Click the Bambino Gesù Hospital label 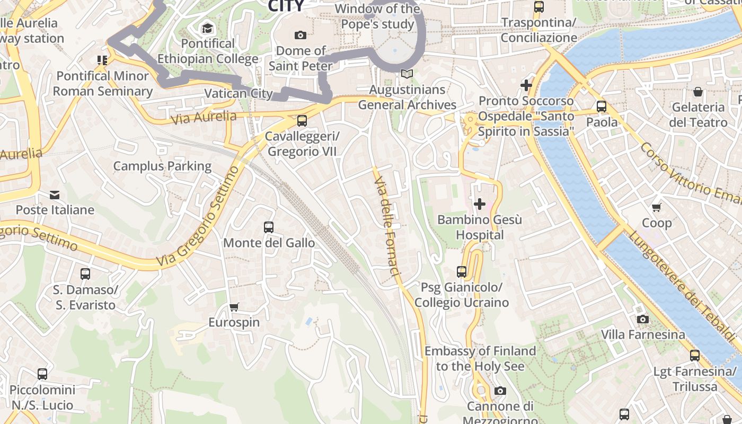pos(480,227)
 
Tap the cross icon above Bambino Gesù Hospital pos(480,204)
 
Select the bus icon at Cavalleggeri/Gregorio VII pos(302,120)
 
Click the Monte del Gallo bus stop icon pos(269,227)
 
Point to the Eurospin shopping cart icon pos(234,307)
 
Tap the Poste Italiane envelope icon pos(55,195)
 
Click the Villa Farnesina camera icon pos(642,319)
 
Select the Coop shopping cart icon pos(657,207)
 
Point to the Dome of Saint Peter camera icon pos(301,36)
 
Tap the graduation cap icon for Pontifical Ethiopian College pos(207,28)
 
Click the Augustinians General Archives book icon pos(407,74)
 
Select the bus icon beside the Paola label pos(601,107)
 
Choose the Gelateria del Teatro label pos(698,114)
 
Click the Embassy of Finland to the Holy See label pos(480,358)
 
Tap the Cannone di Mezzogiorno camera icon pos(500,391)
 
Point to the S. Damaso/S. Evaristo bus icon pos(85,274)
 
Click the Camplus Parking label pos(162,166)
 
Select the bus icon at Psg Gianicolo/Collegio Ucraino pos(462,272)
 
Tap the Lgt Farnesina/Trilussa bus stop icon pos(694,356)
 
